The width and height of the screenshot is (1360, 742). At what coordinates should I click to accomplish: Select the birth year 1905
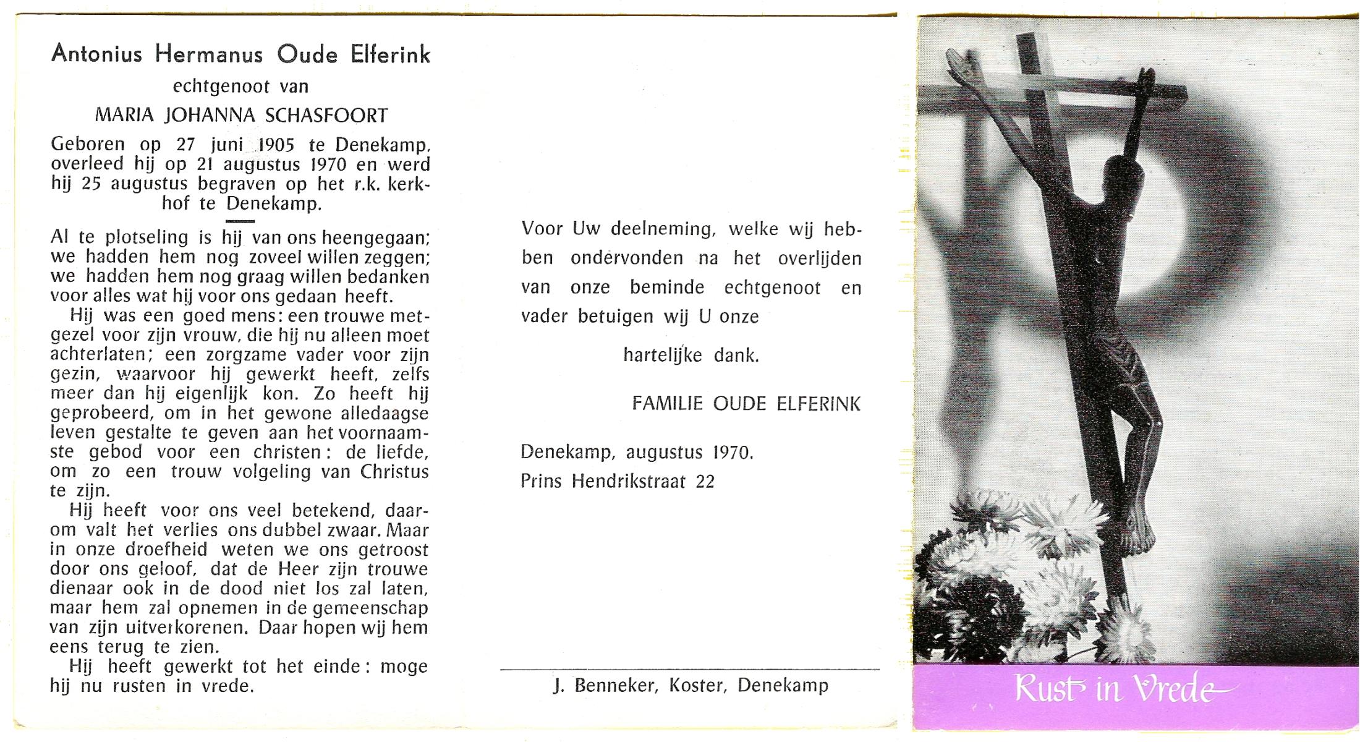[276, 145]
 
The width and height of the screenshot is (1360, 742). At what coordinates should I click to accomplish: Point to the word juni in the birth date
[227, 145]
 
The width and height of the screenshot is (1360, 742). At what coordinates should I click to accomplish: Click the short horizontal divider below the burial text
[240, 221]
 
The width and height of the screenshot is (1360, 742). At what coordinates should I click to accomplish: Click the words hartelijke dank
[691, 356]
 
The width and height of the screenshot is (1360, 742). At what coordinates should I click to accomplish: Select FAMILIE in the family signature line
[667, 404]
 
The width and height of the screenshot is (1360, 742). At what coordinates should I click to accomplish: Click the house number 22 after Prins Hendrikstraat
[705, 482]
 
